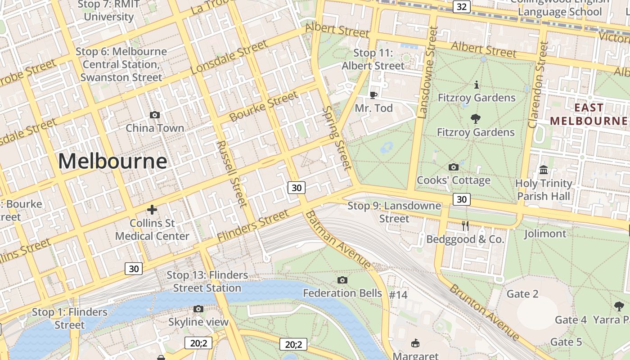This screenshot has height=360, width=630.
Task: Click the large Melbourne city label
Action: pos(112,161)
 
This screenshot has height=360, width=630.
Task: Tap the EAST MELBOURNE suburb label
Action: pos(589,114)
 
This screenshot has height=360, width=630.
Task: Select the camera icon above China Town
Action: pos(155,115)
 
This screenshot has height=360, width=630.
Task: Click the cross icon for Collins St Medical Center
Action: pos(152,210)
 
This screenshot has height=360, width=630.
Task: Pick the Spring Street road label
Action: pos(336,138)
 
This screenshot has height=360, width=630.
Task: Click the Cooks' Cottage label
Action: pos(453,180)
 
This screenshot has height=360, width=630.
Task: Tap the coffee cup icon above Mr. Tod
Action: pos(373,95)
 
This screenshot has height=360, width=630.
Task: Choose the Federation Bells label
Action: pos(342,293)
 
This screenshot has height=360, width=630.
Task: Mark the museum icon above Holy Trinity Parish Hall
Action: pos(544,170)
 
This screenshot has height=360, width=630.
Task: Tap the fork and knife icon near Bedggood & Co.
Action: pos(465,226)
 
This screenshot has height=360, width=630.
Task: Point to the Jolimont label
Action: pos(545,234)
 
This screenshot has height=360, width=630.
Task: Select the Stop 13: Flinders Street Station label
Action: pos(207,281)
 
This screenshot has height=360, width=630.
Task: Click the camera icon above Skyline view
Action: pos(198,309)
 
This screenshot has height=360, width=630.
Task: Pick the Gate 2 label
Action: pos(522,294)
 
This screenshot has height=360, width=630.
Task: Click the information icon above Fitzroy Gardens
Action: pos(477,85)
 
